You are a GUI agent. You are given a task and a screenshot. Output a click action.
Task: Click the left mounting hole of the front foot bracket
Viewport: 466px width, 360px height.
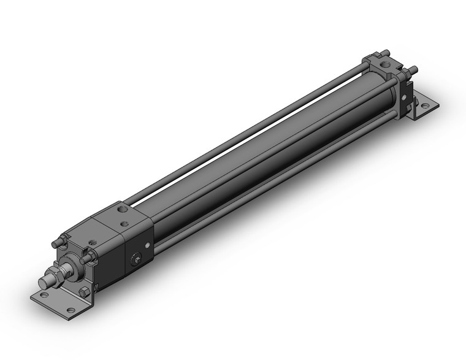click(x=42, y=301)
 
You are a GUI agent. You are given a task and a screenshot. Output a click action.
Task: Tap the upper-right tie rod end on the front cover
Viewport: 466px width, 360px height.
click(x=90, y=254)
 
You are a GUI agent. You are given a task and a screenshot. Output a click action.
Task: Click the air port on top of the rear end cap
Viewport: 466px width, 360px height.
click(x=385, y=63)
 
